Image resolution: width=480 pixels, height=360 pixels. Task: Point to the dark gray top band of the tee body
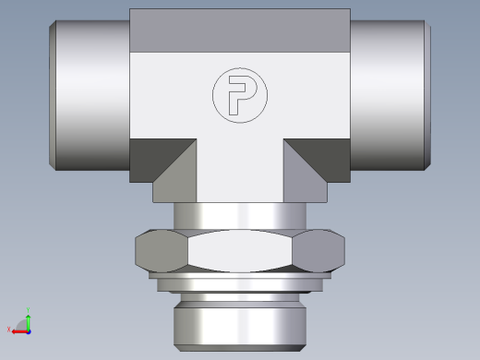(x=239, y=30)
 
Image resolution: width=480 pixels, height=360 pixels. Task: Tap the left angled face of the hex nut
(x=162, y=249)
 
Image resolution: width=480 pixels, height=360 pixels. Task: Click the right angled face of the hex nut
(x=318, y=249)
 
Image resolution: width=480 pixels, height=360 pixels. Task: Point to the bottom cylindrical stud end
(x=239, y=318)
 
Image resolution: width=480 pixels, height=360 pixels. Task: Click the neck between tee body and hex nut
(x=239, y=216)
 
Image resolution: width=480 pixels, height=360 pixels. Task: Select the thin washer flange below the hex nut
(x=239, y=282)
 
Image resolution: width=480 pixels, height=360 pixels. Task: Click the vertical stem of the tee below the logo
(x=239, y=171)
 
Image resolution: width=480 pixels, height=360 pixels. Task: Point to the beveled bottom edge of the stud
(x=239, y=346)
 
